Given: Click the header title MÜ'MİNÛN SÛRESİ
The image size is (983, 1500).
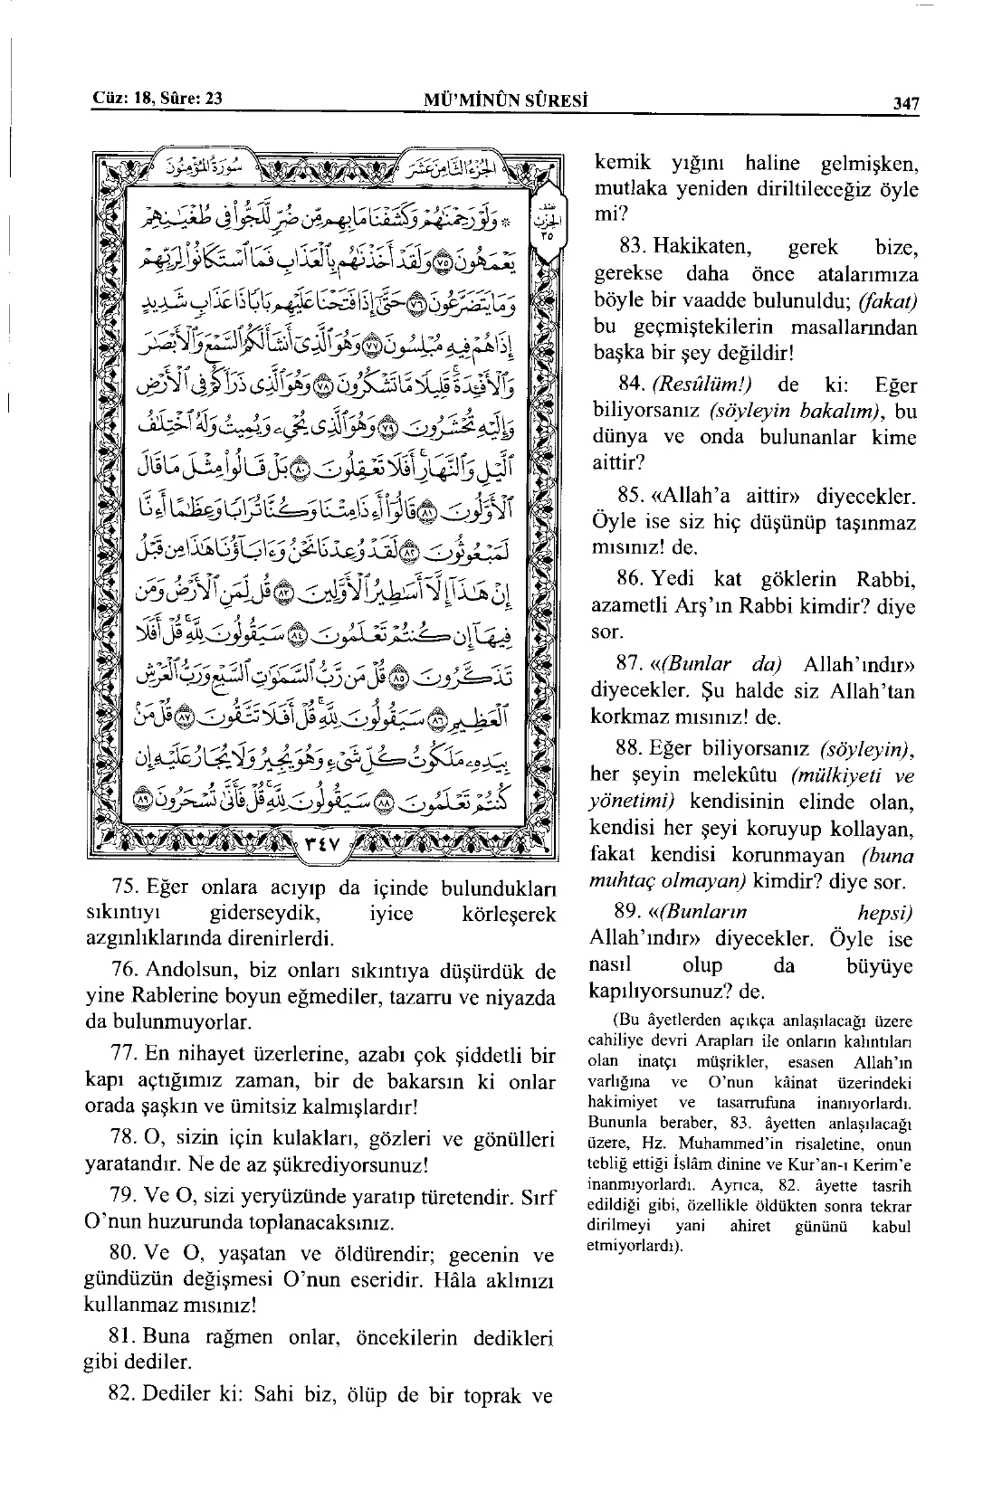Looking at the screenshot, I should click(x=506, y=101).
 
